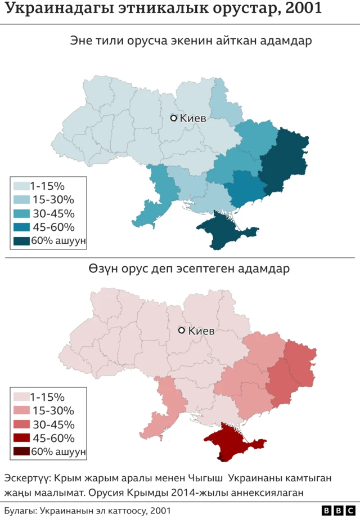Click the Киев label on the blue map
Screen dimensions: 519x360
point(193,118)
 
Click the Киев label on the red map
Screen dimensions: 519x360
point(201,331)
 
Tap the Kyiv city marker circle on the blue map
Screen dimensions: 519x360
point(174,118)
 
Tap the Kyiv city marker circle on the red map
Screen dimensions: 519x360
point(182,330)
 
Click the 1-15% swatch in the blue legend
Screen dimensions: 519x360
point(21,186)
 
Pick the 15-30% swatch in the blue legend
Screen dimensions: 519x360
point(21,199)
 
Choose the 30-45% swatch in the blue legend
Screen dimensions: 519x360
point(21,213)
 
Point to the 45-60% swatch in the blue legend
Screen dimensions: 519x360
point(21,227)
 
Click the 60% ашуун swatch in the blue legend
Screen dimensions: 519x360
point(21,241)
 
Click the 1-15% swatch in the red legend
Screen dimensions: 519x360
point(21,397)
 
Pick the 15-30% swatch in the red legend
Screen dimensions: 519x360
point(21,410)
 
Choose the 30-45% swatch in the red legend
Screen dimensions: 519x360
point(21,424)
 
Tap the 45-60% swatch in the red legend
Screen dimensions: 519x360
point(21,438)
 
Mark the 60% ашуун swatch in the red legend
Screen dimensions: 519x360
point(21,451)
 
